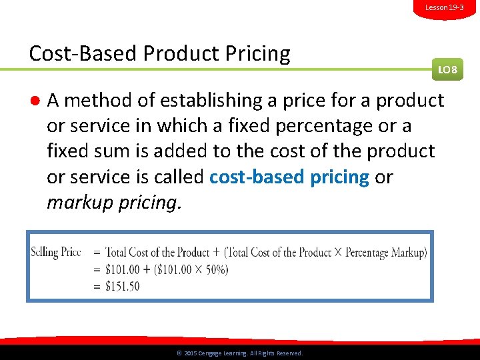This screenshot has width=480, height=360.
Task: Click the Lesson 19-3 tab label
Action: click(x=444, y=7)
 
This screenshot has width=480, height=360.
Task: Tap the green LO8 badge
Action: click(x=447, y=69)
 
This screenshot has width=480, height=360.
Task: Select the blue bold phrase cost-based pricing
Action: click(x=289, y=177)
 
